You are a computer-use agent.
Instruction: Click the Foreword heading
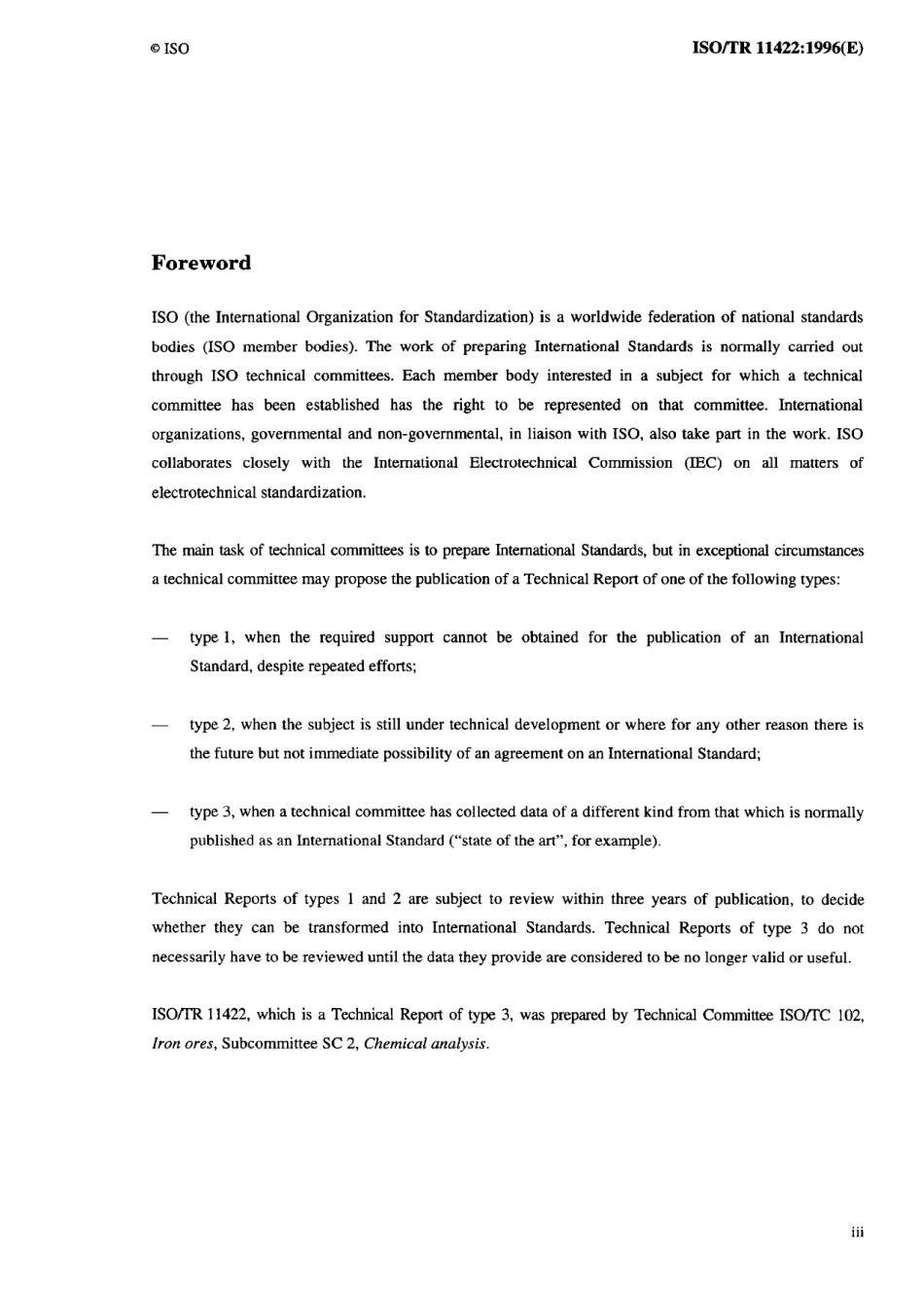click(201, 263)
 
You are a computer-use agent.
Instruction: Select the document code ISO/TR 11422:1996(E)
click(777, 47)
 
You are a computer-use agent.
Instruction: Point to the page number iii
click(857, 1233)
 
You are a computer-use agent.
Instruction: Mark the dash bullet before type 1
click(160, 639)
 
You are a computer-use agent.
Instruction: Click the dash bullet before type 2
click(160, 726)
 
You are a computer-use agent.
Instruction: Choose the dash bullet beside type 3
click(160, 813)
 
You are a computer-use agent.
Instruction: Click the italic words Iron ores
click(183, 1045)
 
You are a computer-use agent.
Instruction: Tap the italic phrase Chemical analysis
click(425, 1045)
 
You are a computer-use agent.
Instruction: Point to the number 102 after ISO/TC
click(850, 1016)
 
